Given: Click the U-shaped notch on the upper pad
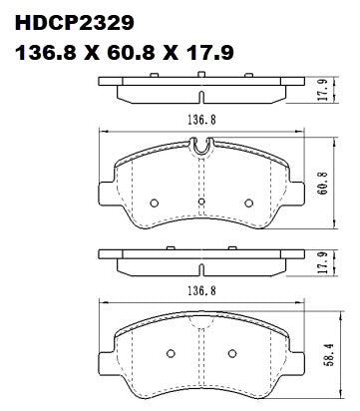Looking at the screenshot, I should pyautogui.click(x=202, y=149).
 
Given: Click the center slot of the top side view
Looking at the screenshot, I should pyautogui.click(x=201, y=96).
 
